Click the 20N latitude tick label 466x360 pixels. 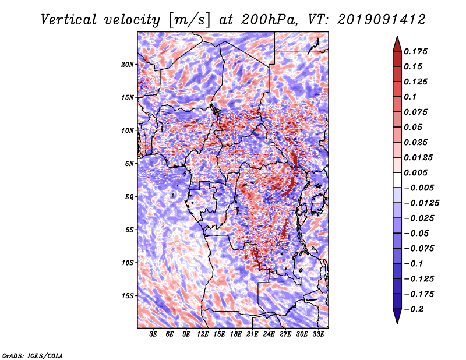[x=128, y=65]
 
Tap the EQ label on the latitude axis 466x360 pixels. [x=129, y=197]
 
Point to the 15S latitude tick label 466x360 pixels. [x=128, y=296]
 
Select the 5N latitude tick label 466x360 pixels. [x=129, y=164]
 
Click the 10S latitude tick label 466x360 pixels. [x=128, y=263]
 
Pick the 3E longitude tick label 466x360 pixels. [x=153, y=334]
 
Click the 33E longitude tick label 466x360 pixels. [x=318, y=334]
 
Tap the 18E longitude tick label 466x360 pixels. [x=236, y=334]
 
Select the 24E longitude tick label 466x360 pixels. [x=269, y=334]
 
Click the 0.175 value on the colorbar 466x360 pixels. [x=415, y=51]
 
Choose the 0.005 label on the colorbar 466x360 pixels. [x=415, y=172]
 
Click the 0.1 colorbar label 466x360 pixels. [x=410, y=97]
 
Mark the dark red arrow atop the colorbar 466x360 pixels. [x=397, y=44]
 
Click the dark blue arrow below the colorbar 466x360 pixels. [x=397, y=316]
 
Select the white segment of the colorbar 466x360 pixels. [x=397, y=180]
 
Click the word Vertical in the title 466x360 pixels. [x=69, y=20]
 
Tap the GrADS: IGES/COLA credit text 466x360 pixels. [x=33, y=355]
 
